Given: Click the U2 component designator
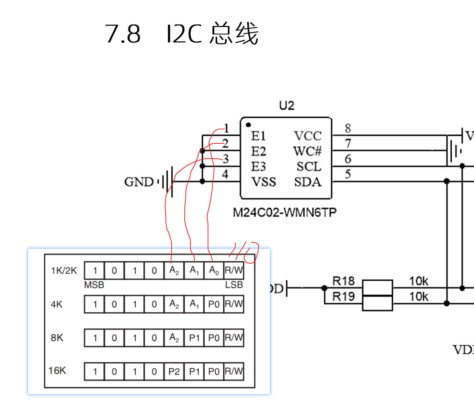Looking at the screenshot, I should coord(286,105).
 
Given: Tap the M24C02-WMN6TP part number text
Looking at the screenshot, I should coord(284,212).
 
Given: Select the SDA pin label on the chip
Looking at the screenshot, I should coord(308,182).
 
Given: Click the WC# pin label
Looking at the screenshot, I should coord(307,151).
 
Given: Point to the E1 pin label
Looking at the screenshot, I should coord(258,136).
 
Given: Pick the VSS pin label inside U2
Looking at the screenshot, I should coord(263,182).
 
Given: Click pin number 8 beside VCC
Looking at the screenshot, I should coord(348,128).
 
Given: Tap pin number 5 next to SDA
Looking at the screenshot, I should coord(348,174).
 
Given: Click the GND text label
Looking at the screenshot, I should coord(139,182).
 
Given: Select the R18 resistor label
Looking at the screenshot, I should coord(343,281).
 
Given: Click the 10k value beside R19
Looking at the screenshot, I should coord(418,297).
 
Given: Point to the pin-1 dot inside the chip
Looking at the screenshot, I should coord(248,125).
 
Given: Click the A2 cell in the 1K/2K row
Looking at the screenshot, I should coord(174,271).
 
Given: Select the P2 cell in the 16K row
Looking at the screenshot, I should coord(174,372).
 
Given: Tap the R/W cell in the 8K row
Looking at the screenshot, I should coord(234,338).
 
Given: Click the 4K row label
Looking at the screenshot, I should coord(57,304).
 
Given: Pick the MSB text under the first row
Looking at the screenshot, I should coord(94,285).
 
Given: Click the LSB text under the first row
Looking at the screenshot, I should coord(234,285).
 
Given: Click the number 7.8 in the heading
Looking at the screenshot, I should coord(123,34).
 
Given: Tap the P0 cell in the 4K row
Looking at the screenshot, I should coord(214,304).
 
